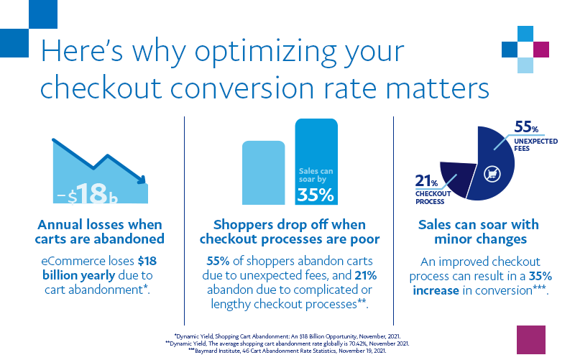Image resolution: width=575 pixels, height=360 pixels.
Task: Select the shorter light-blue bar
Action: click(264, 172)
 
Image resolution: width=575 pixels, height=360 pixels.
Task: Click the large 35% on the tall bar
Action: click(316, 194)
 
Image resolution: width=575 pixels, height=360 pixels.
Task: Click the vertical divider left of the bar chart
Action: click(185, 216)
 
